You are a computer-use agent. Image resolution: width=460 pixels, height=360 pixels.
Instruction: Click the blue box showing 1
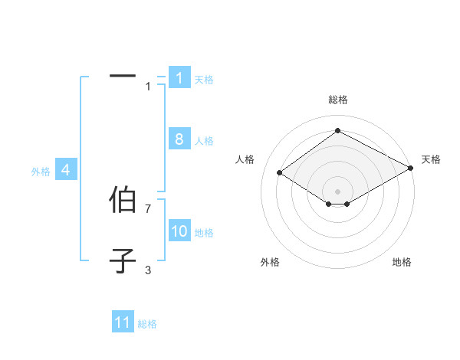[x=179, y=78]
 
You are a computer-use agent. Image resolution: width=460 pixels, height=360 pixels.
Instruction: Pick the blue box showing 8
[x=179, y=139]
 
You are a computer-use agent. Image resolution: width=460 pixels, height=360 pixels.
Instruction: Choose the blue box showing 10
[x=179, y=231]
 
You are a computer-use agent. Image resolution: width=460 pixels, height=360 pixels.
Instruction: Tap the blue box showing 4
[x=66, y=170]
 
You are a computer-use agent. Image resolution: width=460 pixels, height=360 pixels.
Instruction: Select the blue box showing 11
[x=123, y=322]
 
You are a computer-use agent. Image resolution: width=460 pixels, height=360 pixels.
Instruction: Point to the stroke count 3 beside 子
[x=148, y=270]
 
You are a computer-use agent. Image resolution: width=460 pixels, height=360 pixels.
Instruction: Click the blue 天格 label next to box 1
[x=204, y=80]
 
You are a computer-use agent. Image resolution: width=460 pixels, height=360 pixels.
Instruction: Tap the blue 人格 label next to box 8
[x=204, y=141]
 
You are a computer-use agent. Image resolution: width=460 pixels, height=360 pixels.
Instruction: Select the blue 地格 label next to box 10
[x=204, y=233]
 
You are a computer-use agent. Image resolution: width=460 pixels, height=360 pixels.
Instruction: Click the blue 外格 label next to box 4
[x=41, y=172]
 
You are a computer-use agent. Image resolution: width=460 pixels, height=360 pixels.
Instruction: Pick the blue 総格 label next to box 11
[x=147, y=324]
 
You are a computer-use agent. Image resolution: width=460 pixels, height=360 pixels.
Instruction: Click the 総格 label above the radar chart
[x=337, y=100]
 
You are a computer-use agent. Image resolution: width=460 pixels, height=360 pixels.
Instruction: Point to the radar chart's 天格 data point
[x=412, y=169]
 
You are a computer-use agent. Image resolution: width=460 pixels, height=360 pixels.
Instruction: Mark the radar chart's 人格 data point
[x=280, y=173]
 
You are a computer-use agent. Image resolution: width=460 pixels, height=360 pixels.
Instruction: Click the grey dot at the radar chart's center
[x=337, y=191]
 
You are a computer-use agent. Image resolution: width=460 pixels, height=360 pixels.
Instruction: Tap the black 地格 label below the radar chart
[x=402, y=263]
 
